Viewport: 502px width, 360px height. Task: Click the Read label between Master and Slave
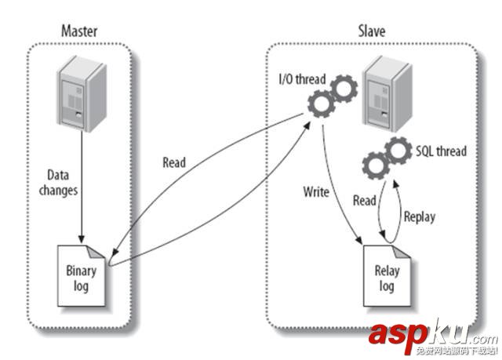point(174,163)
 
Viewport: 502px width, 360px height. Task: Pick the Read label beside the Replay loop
point(364,201)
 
